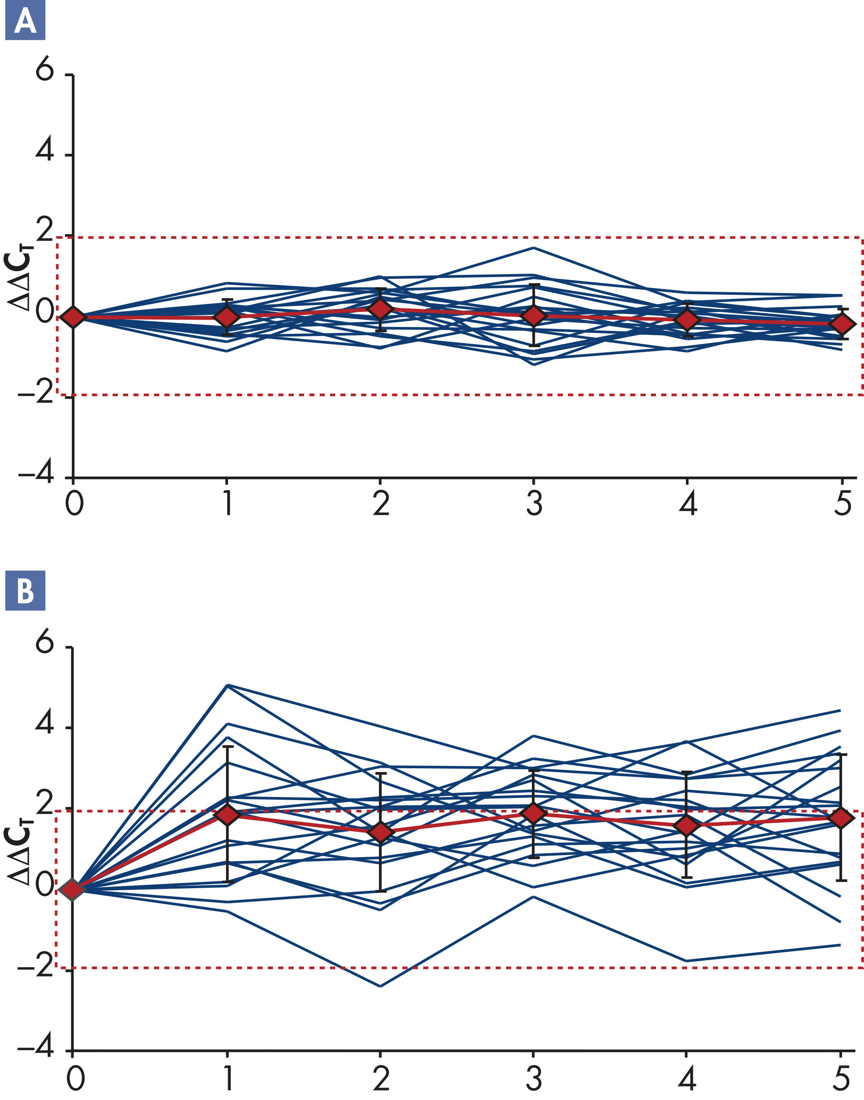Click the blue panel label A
coord(25,20)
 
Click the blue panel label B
coord(25,590)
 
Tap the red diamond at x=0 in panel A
coord(73,317)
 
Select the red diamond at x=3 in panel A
coord(534,316)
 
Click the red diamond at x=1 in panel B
coord(228,814)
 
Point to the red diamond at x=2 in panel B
coord(380,832)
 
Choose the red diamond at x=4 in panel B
coord(687,826)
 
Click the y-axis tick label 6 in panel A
coord(45,68)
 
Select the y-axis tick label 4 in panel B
coord(45,724)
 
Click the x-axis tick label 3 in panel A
coord(534,504)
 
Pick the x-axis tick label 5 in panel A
coord(842,504)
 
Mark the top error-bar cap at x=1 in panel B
coord(228,746)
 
